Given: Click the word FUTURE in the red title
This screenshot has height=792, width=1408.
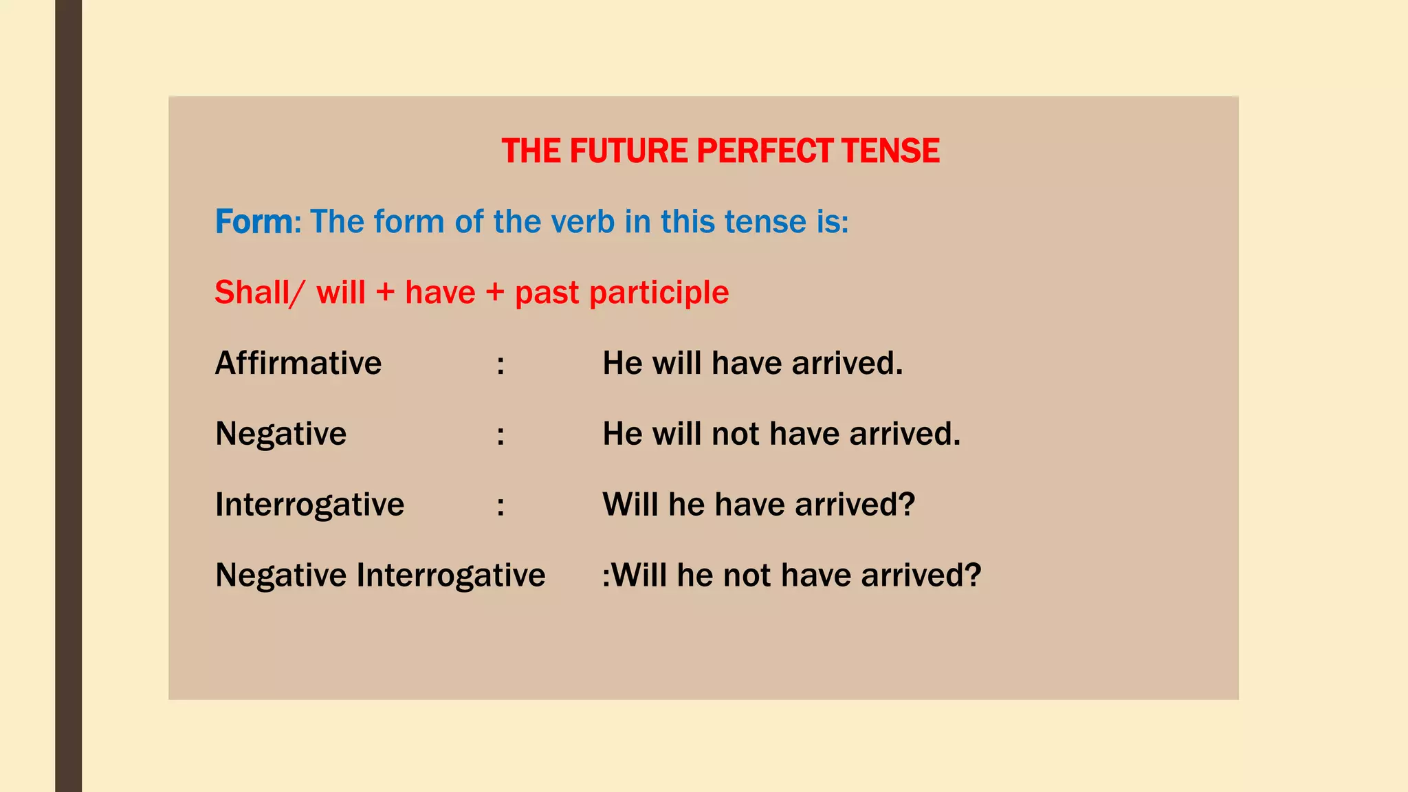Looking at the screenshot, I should click(628, 151).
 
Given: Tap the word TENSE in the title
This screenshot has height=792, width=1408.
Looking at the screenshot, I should click(890, 151).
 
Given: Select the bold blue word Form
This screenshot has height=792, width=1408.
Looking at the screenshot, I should click(254, 222).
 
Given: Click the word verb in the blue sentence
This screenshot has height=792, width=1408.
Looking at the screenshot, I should click(584, 222).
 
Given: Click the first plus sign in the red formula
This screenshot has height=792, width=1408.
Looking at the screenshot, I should click(385, 294).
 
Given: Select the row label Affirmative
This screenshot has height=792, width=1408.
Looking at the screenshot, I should click(298, 364).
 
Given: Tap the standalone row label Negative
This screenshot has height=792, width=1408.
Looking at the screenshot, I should click(280, 434).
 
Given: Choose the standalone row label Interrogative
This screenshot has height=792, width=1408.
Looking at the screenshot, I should click(309, 505).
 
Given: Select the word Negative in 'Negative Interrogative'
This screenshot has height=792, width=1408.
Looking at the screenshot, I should click(280, 575).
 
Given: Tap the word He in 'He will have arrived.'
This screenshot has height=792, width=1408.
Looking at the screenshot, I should click(622, 364).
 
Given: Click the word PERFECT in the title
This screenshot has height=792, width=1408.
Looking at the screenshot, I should click(764, 151).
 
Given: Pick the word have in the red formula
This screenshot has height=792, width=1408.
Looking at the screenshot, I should click(440, 293).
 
